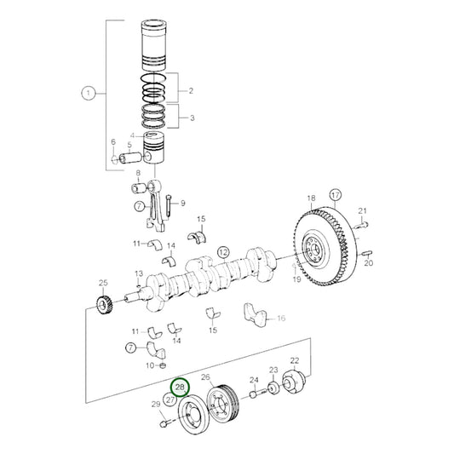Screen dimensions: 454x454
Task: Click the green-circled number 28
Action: (x=180, y=388)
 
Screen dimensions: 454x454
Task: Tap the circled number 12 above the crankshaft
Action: (x=222, y=251)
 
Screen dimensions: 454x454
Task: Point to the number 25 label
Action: (x=103, y=283)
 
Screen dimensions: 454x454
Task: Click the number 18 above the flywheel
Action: (x=311, y=197)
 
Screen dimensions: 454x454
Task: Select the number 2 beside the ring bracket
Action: (x=191, y=90)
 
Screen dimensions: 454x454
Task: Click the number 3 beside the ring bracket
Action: (x=191, y=118)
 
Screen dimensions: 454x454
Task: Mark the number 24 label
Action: (x=253, y=380)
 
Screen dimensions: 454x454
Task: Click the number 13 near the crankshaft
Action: (x=138, y=273)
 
